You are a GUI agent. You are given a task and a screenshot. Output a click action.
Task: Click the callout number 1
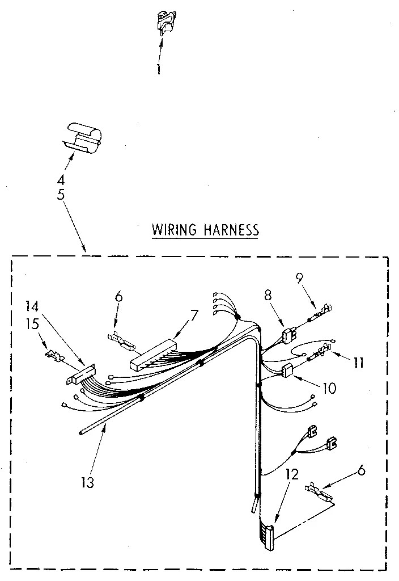click(159, 70)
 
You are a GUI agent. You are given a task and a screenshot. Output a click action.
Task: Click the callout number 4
click(61, 180)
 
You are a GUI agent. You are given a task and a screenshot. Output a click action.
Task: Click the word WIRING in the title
click(173, 230)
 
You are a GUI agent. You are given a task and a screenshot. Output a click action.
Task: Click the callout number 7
click(195, 314)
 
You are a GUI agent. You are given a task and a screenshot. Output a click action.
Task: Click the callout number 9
click(300, 277)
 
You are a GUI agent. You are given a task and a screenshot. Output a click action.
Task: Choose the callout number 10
click(329, 389)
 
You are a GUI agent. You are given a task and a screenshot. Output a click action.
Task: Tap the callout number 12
click(292, 474)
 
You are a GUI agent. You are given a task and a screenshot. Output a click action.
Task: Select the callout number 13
click(87, 483)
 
